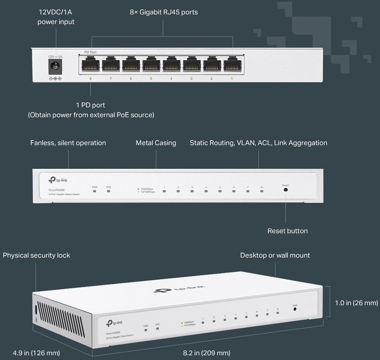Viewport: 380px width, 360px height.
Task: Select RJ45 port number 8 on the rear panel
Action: (x=90, y=64)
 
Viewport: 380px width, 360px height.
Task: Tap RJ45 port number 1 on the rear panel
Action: (x=232, y=64)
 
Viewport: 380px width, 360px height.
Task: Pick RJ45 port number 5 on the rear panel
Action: (x=151, y=64)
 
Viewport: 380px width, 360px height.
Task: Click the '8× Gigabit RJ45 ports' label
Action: (x=164, y=12)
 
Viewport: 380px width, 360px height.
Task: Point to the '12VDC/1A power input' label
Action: (x=56, y=17)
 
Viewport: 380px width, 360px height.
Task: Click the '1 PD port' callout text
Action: (x=91, y=105)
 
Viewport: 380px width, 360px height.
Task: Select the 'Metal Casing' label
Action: (x=156, y=143)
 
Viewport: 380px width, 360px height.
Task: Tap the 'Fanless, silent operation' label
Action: (x=68, y=143)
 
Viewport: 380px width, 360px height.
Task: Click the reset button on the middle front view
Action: (x=285, y=190)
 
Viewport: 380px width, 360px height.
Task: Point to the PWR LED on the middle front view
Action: (x=95, y=191)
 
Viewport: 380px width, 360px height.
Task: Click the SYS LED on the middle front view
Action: (x=108, y=191)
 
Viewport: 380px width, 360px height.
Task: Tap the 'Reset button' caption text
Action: (x=287, y=231)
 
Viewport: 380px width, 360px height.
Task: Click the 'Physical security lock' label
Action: (x=36, y=255)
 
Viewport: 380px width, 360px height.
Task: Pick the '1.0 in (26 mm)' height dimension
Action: (x=356, y=303)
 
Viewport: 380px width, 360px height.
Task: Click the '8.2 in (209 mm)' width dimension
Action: (x=206, y=353)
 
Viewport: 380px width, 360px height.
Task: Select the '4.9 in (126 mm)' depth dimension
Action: (x=36, y=353)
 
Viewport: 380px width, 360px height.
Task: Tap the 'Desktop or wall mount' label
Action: (x=275, y=255)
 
